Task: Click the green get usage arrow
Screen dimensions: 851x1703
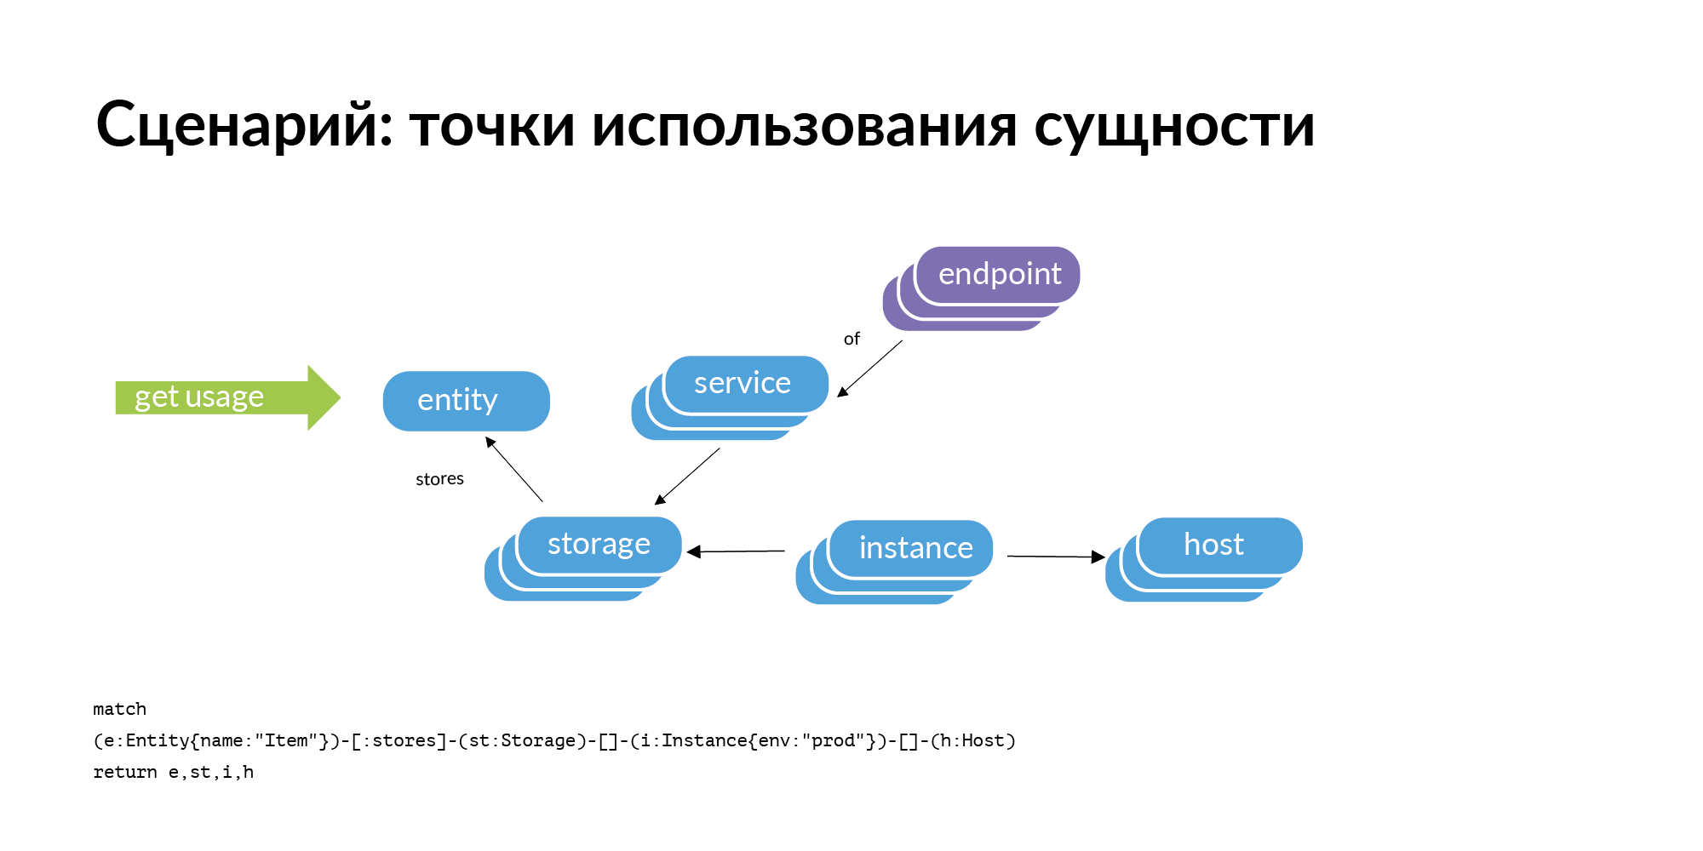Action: [x=225, y=397]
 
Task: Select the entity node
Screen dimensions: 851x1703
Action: [x=466, y=401]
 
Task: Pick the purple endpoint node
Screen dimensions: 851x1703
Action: [x=999, y=275]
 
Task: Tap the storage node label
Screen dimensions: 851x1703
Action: [x=599, y=544]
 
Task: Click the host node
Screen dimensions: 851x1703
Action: [x=1215, y=545]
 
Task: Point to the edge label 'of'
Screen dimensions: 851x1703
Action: [x=851, y=339]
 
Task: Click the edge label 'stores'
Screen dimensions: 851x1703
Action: [x=439, y=479]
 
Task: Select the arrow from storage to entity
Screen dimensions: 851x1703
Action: [x=513, y=469]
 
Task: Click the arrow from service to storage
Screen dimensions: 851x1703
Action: [x=687, y=477]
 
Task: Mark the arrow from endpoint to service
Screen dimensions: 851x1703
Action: [x=869, y=368]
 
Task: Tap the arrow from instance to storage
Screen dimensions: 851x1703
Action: [x=736, y=551]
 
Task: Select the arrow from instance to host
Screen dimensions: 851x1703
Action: [x=1056, y=557]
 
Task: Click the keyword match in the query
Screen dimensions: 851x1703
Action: [x=119, y=709]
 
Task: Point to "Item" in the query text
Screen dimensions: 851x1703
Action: [x=286, y=740]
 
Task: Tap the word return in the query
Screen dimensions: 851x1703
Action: [x=124, y=772]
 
